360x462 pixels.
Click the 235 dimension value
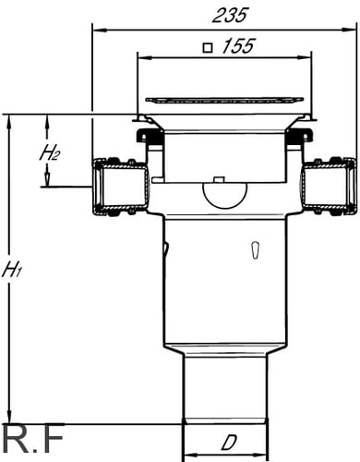pyautogui.click(x=230, y=16)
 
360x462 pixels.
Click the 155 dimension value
pyautogui.click(x=238, y=46)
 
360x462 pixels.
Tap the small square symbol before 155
pyautogui.click(x=208, y=48)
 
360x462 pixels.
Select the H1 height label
pyautogui.click(x=12, y=271)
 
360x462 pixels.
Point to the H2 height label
pyautogui.click(x=49, y=153)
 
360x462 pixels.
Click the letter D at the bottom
pyautogui.click(x=229, y=444)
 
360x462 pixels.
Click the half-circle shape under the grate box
pyautogui.click(x=225, y=195)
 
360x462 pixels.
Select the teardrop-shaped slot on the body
pyautogui.click(x=255, y=249)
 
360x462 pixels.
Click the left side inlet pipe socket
pyautogui.click(x=121, y=187)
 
